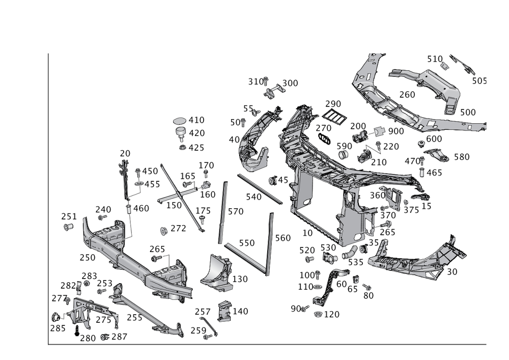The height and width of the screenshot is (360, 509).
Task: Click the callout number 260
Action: coord(407,95)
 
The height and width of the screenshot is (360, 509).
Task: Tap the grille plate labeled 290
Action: coord(333,117)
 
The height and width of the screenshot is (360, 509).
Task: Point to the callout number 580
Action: coord(461,157)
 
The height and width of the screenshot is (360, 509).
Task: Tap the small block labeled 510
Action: coord(444,65)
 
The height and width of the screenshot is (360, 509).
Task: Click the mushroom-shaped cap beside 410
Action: coord(180,121)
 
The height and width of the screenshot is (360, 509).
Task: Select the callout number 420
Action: coord(196,133)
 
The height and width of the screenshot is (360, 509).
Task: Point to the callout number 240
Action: coord(103,209)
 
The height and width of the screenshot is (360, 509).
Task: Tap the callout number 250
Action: coord(88,258)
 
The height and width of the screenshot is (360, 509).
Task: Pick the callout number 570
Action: coord(235,211)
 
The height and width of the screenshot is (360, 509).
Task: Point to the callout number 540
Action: coord(253,197)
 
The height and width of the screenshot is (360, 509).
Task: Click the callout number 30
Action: coord(451,272)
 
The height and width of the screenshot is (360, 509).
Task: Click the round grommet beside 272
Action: coord(164,231)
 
